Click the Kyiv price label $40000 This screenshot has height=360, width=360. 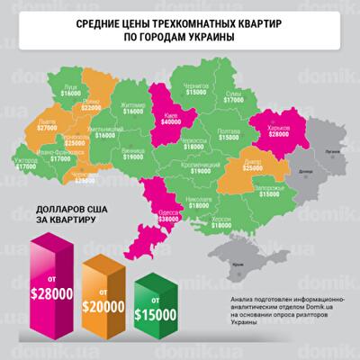169,125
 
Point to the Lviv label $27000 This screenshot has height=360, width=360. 49,128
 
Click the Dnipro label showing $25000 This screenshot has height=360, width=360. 252,165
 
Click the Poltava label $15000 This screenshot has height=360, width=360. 229,133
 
